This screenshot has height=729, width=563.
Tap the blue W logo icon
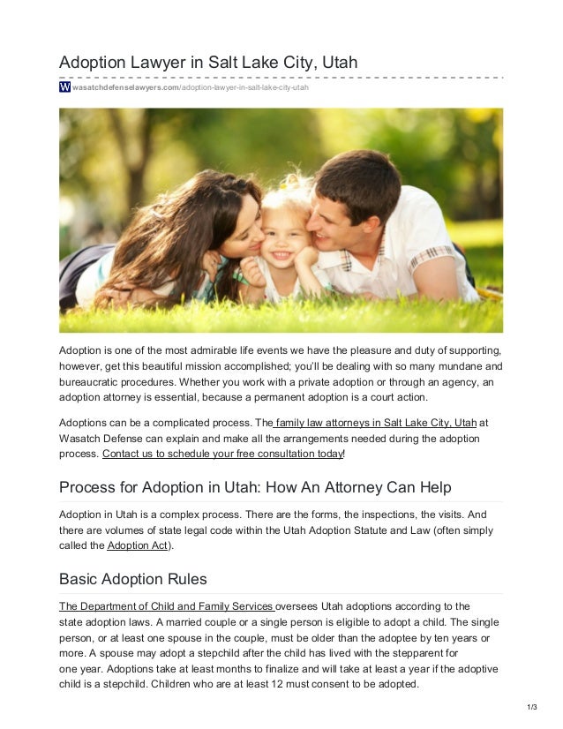click(64, 88)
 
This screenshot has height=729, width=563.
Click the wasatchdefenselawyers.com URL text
click(124, 89)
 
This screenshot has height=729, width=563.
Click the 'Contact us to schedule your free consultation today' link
click(222, 455)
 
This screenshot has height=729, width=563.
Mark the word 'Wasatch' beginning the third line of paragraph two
click(80, 439)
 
